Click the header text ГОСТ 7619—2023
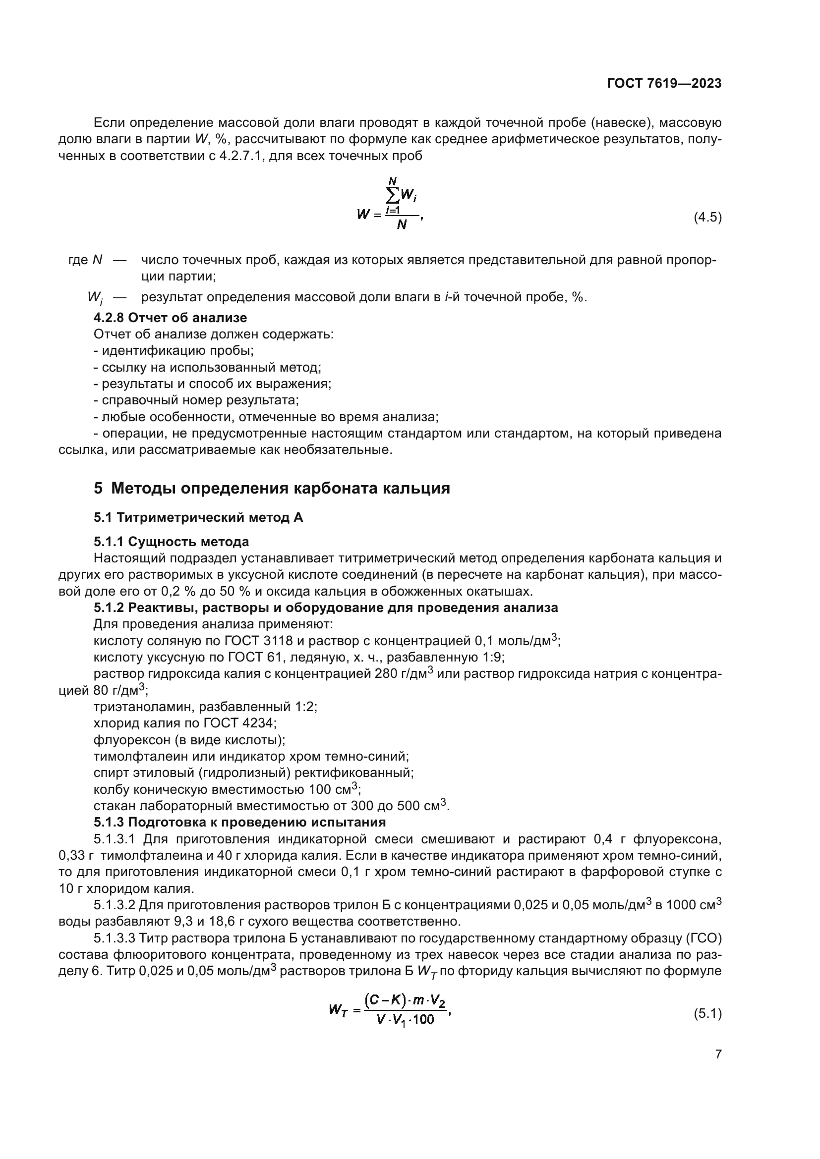[664, 83]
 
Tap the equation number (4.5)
[707, 218]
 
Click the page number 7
[718, 1068]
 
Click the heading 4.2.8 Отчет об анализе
[170, 318]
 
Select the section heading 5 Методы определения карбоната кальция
[272, 488]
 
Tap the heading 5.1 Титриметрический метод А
[198, 517]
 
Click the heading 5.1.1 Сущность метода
[171, 542]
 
